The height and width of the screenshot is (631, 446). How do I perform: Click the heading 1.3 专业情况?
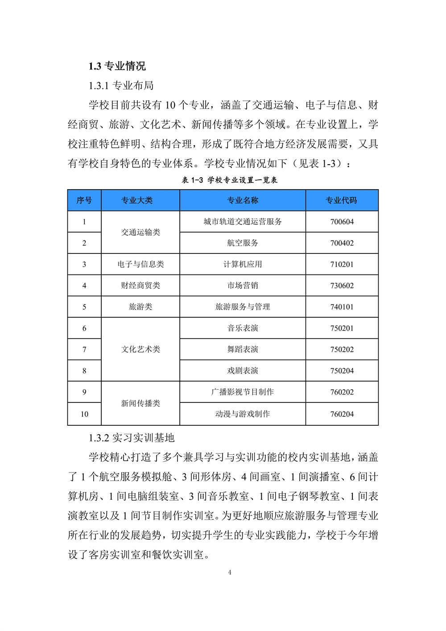pos(117,66)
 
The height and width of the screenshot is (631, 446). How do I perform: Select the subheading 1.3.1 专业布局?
pos(121,86)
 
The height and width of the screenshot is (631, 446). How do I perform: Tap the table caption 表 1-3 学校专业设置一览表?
pos(229,180)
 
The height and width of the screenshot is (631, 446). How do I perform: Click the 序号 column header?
pos(84,200)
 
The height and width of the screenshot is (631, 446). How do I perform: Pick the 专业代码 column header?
pos(342,200)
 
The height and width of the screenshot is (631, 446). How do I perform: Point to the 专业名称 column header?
pos(243,200)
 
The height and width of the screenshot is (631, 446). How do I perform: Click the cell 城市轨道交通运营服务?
pos(243,222)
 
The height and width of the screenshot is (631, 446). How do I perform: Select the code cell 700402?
pos(342,243)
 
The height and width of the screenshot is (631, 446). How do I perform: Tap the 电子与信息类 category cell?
pos(140,264)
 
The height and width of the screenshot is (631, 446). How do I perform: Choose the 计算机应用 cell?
pos(243,264)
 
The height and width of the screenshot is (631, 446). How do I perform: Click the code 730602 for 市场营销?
pos(342,286)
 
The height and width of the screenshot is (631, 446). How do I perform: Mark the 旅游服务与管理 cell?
pos(243,307)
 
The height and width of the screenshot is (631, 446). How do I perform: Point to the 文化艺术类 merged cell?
pos(140,349)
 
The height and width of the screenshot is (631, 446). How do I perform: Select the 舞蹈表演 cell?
pos(243,349)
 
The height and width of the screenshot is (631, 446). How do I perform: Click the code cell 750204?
pos(342,371)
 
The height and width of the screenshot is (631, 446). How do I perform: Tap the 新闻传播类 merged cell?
pos(140,403)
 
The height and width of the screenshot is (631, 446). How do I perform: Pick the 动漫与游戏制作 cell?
pos(243,414)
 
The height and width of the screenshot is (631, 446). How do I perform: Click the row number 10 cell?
pos(84,414)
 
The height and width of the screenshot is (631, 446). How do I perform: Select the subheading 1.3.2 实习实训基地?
pos(132,438)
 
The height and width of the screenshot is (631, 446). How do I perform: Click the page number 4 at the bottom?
pos(230,573)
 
